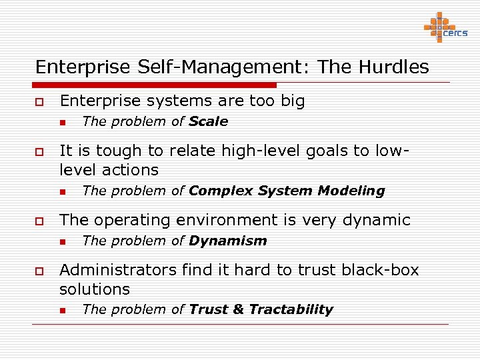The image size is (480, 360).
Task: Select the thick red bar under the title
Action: coord(154,85)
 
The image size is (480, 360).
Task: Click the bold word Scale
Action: coord(208,121)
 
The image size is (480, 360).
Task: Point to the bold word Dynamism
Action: coord(227,241)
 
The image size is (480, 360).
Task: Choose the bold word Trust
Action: coord(208,309)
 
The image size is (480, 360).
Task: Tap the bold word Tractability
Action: coord(291,309)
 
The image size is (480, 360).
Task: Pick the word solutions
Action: coord(95,289)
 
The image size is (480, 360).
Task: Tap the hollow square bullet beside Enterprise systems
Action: coord(39,102)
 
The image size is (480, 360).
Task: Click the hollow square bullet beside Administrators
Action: coord(39,271)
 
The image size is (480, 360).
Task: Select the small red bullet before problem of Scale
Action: coord(61,122)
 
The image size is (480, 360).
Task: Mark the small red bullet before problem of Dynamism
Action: coord(61,241)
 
